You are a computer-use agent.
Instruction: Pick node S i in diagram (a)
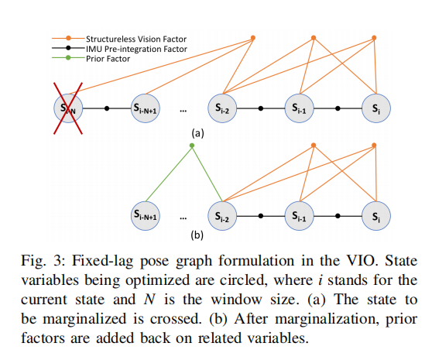pos(375,110)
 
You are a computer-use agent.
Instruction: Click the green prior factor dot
pos(193,146)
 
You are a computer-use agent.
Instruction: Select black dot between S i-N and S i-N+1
pos(107,110)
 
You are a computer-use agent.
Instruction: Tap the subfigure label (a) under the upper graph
pos(198,133)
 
